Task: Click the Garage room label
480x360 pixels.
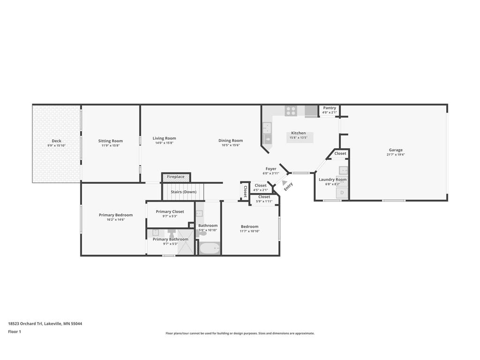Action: click(396, 150)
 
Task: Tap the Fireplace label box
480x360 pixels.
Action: click(176, 177)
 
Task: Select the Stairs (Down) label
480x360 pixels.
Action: click(183, 192)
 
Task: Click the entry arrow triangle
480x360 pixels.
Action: click(285, 182)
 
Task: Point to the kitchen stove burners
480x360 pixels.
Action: click(291, 111)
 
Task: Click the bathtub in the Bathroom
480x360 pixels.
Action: click(210, 248)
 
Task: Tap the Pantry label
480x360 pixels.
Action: click(330, 108)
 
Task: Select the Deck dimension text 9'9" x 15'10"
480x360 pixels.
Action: click(56, 145)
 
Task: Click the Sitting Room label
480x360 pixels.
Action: click(110, 141)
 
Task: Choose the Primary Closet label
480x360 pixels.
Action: click(170, 211)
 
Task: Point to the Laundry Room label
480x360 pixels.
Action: click(332, 180)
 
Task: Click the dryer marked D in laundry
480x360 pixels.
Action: click(342, 193)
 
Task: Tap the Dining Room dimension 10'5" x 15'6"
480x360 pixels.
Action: click(231, 145)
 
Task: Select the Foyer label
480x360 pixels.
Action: click(271, 169)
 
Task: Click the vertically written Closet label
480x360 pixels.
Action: click(245, 191)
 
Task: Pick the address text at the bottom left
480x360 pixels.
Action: click(45, 323)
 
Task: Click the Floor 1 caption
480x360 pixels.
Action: click(15, 331)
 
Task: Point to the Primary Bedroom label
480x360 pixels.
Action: click(116, 215)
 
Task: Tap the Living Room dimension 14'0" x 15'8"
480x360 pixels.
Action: click(164, 142)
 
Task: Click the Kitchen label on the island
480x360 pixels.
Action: click(299, 133)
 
